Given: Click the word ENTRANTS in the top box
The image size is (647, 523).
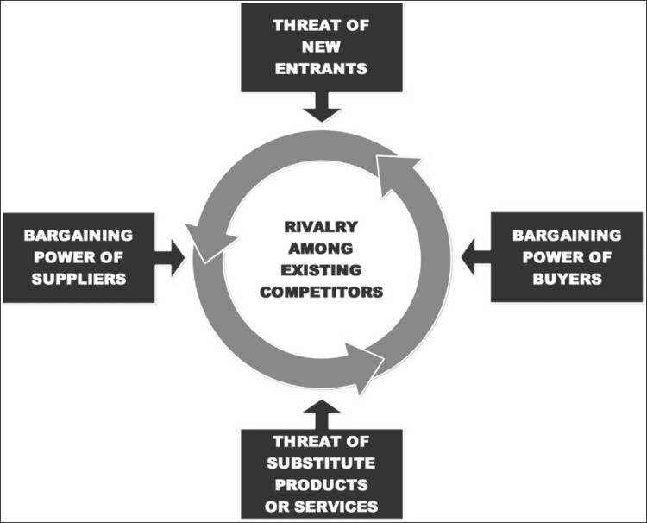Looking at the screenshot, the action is tap(321, 68).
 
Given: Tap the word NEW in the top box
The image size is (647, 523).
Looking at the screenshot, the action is tap(321, 47).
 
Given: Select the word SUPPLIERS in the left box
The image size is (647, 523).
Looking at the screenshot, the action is tap(79, 279).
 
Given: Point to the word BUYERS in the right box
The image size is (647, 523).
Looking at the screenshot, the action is tap(567, 279).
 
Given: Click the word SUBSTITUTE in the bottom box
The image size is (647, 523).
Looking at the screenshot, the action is tap(321, 463).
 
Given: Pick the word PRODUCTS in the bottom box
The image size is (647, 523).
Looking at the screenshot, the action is tap(321, 485).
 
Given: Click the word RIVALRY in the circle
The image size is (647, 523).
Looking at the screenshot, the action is tap(321, 227).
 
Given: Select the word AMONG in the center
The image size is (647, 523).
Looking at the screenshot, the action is tap(321, 249).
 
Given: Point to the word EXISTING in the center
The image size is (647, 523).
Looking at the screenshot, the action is tap(321, 270).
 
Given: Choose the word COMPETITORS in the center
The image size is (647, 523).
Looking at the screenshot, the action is tap(321, 293).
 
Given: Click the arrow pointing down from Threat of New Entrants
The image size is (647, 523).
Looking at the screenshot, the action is tap(322, 106).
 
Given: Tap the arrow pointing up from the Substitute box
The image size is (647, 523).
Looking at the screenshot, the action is tap(322, 414).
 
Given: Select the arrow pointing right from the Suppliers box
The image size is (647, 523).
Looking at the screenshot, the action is tap(170, 258).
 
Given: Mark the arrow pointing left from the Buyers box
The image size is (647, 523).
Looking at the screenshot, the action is tap(475, 257).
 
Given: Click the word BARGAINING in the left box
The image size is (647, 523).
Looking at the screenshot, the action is tap(79, 236).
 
